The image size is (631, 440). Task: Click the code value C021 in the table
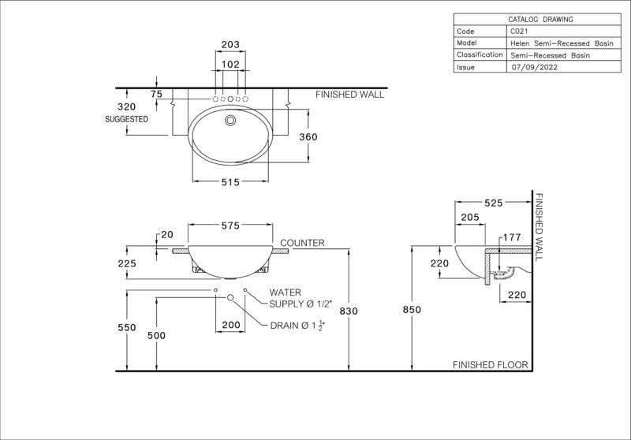pos(519,32)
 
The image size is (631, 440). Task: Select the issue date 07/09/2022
pos(535,67)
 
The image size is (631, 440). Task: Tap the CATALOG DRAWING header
pos(540,19)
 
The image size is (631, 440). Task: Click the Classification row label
pos(480,54)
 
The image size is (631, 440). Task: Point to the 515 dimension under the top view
pos(230,183)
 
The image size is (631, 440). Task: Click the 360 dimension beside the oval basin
pos(308,137)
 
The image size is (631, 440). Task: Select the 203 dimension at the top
pos(230,44)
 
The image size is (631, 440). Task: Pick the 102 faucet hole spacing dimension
pos(230,65)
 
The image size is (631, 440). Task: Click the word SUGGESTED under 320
pos(126,119)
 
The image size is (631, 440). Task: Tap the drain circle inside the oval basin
pos(230,121)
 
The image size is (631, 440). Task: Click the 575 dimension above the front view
pos(230,226)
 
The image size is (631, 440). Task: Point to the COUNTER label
pos(302,243)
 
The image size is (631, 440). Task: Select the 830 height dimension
pos(349,311)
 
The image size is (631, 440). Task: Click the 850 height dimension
pos(412,310)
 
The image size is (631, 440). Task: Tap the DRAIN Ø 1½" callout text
pos(297,326)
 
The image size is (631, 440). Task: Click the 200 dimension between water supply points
pos(231,325)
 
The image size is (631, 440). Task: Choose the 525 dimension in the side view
pos(494,203)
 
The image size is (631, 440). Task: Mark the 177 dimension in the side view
pos(512,237)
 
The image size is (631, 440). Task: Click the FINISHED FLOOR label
pos(491,365)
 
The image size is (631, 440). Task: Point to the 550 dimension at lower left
pos(127,328)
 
